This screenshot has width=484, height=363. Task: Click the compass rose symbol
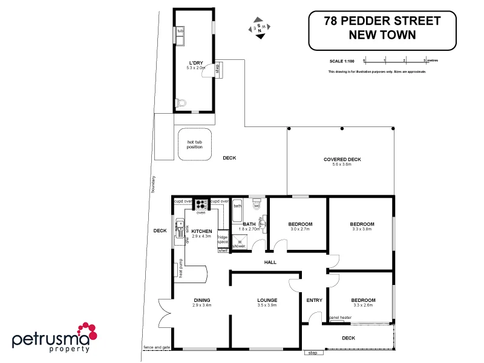(x=260, y=28)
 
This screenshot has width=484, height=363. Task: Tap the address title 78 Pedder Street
(x=382, y=21)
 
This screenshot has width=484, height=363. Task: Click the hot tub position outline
(x=195, y=143)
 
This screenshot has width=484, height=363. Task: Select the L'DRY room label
(x=195, y=63)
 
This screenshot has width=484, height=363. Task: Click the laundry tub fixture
(x=180, y=36)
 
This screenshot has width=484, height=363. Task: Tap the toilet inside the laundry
(x=180, y=103)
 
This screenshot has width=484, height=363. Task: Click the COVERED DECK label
(x=342, y=160)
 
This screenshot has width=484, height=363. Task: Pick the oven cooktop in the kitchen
(x=201, y=204)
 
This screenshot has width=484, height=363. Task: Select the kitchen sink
(x=179, y=228)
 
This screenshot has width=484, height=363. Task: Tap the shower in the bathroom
(x=239, y=243)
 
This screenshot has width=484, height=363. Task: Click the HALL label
(x=270, y=262)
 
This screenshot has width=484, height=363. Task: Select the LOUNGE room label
(x=267, y=300)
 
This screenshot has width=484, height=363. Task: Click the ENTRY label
(x=314, y=300)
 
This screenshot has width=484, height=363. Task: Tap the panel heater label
(x=340, y=317)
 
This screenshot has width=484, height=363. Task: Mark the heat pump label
(x=180, y=268)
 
